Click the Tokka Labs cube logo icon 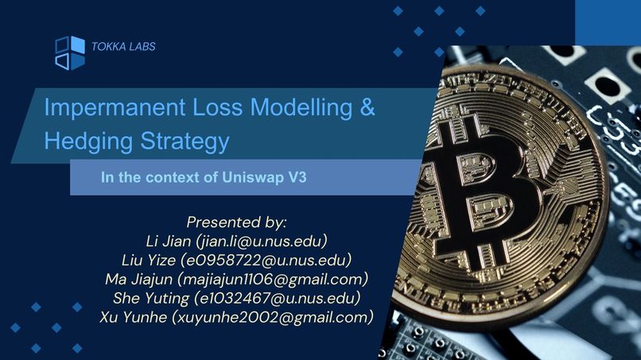pyautogui.click(x=69, y=52)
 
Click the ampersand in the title pyautogui.click(x=367, y=108)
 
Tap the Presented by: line pyautogui.click(x=236, y=221)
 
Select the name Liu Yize pyautogui.click(x=149, y=259)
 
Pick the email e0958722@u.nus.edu pyautogui.click(x=266, y=259)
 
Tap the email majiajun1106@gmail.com pyautogui.click(x=273, y=279)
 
